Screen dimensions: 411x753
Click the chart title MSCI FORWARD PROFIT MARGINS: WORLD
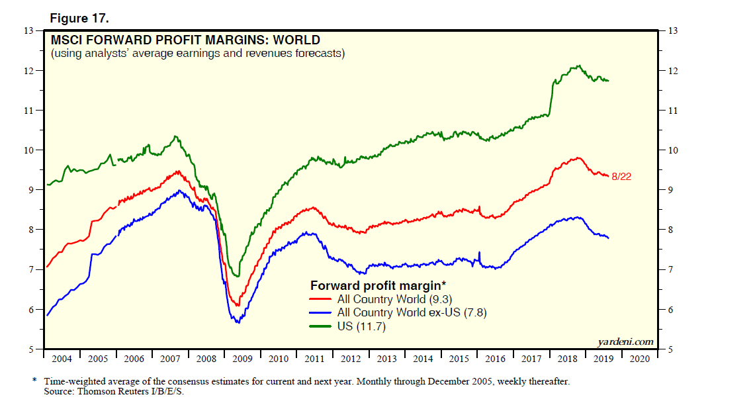pyautogui.click(x=185, y=40)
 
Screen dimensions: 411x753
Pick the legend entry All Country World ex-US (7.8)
pyautogui.click(x=412, y=312)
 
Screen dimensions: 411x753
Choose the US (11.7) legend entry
pyautogui.click(x=361, y=326)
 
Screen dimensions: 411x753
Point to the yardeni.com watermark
pyautogui.click(x=625, y=342)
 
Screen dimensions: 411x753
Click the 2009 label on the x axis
pyautogui.click(x=242, y=359)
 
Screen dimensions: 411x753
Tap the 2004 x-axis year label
pyautogui.click(x=62, y=359)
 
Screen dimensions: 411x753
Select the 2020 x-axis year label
pyautogui.click(x=639, y=359)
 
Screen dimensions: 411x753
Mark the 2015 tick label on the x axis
pyautogui.click(x=459, y=359)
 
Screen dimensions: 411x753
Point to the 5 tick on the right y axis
pyautogui.click(x=671, y=349)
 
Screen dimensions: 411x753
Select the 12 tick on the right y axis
pyautogui.click(x=673, y=71)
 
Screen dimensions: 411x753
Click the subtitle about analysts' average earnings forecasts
pyautogui.click(x=198, y=54)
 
